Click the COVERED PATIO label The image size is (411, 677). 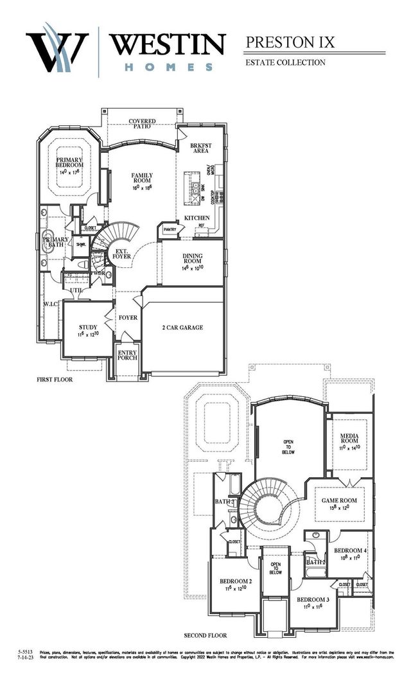tap(143, 124)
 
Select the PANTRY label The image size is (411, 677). tap(170, 229)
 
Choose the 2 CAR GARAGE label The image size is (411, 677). tap(182, 328)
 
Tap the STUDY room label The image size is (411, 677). tap(88, 330)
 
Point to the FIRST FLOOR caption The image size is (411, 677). tap(54, 380)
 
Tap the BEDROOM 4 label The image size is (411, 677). tap(350, 554)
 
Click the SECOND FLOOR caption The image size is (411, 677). tap(205, 635)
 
